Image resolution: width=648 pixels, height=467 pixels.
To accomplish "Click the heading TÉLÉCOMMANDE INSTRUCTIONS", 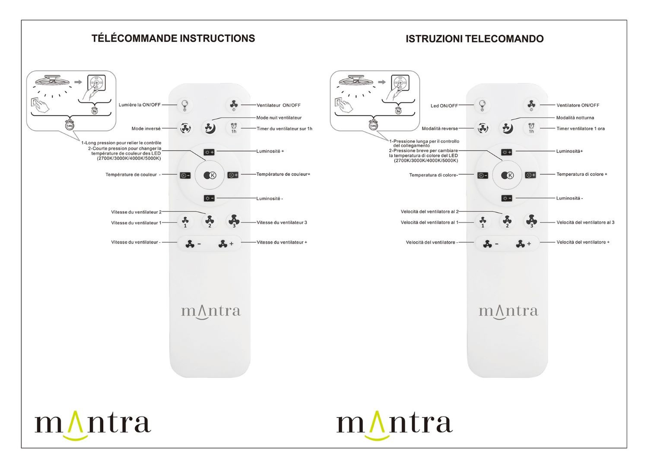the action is (173, 38).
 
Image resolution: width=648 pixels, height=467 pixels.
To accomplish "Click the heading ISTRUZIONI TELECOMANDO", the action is (474, 39).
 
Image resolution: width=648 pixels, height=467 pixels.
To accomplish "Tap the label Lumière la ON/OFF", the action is (140, 105).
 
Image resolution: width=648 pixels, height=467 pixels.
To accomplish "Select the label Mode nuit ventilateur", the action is (279, 118).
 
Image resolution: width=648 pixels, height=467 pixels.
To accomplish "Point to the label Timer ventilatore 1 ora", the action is (581, 128).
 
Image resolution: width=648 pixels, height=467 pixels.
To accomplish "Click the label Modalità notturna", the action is (575, 118).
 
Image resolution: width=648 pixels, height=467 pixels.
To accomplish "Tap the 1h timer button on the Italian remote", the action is (531, 128).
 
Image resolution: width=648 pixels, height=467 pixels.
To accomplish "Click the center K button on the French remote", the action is (210, 175).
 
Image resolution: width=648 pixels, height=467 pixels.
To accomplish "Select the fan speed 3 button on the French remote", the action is (234, 221).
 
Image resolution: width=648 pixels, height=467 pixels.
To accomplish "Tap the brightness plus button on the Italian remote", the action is (507, 152).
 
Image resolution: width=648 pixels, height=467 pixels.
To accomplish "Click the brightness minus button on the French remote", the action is (209, 198).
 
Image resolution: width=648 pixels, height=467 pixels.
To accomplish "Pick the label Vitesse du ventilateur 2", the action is (136, 212).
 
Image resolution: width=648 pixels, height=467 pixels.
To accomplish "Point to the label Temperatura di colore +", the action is (582, 174).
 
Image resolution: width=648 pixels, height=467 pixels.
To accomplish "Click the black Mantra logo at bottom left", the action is (92, 426).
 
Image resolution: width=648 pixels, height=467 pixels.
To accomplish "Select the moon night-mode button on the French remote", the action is (210, 127).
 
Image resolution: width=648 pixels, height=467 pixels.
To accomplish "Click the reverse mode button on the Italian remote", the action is (483, 128).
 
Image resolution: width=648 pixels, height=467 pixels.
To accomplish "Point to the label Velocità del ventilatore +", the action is (583, 242).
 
